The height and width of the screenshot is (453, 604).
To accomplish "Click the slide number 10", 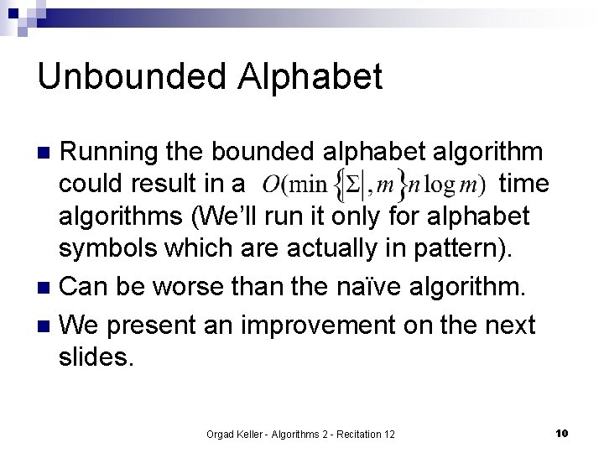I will coord(562,433).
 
